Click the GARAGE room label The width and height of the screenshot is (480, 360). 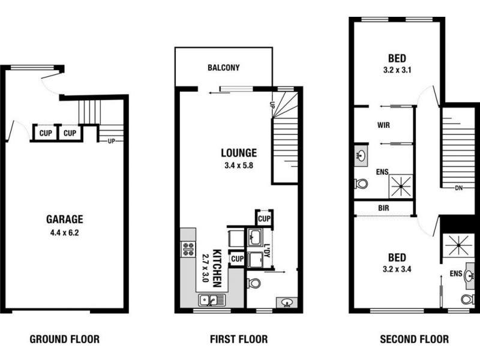coord(65,219)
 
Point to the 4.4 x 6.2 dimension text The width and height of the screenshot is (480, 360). coord(65,230)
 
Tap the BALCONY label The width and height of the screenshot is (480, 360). coord(223,68)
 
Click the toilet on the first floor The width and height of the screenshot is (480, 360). coord(253,281)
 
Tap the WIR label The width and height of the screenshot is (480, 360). coord(385,126)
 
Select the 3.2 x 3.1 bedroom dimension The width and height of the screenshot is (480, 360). coord(397,70)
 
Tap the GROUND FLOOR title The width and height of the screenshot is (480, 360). coord(65,339)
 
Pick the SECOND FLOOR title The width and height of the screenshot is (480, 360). coord(414,339)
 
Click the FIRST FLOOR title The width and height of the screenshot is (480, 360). coord(238,339)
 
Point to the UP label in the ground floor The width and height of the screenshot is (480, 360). coord(111,142)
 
